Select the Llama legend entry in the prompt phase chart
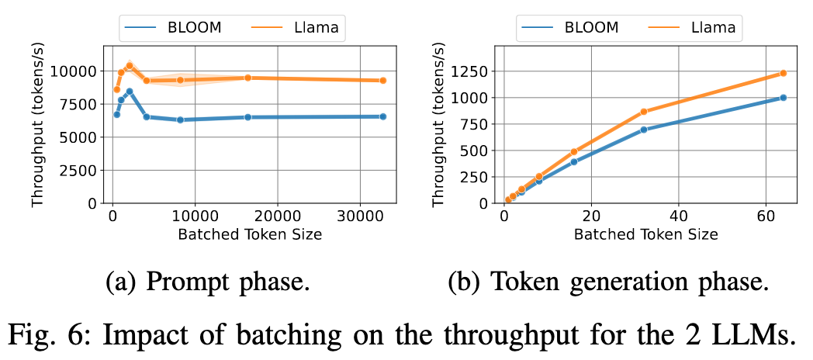click(x=298, y=28)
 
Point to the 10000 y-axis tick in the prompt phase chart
click(x=76, y=71)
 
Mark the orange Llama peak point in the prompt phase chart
click(x=130, y=65)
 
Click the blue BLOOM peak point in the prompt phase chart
click(x=130, y=91)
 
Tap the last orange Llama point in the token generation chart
click(x=783, y=73)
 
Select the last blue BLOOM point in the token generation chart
click(x=783, y=98)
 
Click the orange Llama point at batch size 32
click(x=644, y=112)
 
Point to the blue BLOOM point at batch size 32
click(x=644, y=130)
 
